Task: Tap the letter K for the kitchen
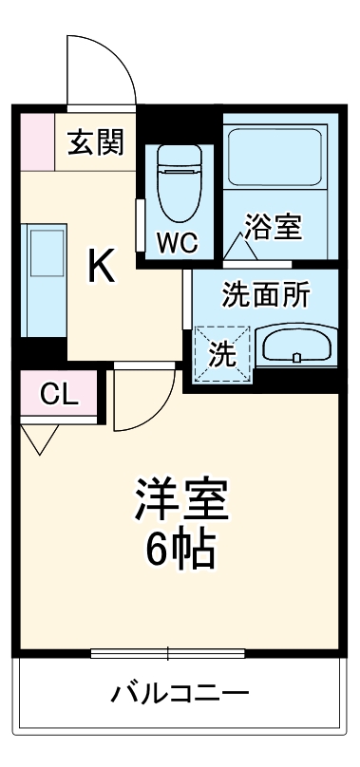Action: point(103,268)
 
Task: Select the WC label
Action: point(177,242)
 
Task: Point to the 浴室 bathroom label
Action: point(273,226)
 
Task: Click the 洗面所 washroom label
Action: point(265,295)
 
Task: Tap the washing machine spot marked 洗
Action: point(221,354)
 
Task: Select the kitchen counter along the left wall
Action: point(41,280)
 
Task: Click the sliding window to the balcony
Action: point(168,652)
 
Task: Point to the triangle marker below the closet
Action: point(39,439)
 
